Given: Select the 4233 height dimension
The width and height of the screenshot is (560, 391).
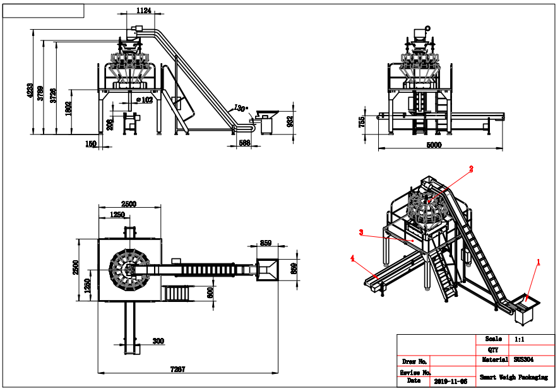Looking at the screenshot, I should click(x=30, y=90).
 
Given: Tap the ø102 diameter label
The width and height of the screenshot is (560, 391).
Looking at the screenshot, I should click(x=145, y=99).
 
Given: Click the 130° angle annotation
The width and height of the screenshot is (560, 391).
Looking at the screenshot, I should click(x=240, y=108).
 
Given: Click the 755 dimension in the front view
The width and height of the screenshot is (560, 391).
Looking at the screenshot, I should click(x=362, y=123).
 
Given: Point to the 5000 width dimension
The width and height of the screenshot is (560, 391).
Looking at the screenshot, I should click(x=434, y=145).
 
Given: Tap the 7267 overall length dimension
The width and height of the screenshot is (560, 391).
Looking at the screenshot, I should click(x=178, y=369).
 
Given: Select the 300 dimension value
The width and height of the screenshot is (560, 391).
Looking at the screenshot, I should click(x=158, y=341).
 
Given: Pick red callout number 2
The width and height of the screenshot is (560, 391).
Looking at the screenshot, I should click(x=470, y=169).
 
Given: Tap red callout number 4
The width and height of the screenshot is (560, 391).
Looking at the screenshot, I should click(x=352, y=257).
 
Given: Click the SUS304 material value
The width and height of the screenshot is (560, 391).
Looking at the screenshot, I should click(x=523, y=359).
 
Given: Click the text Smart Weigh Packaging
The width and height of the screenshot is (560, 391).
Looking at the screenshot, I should click(x=513, y=377).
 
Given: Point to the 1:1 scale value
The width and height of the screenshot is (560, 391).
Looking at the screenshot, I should click(x=520, y=339).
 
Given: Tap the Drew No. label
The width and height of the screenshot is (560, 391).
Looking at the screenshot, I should click(x=414, y=361).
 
